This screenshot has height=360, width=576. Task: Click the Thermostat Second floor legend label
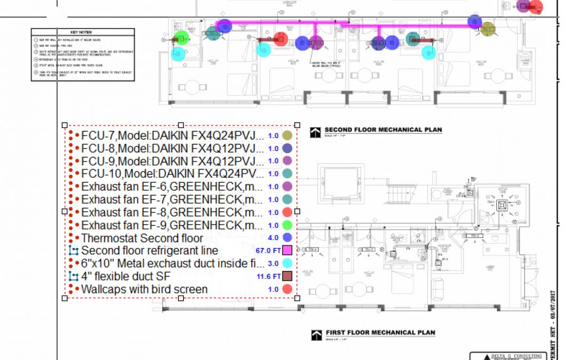coord(142,238)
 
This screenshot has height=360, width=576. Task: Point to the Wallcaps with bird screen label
coord(144,289)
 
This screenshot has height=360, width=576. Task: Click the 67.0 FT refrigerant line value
coord(268,251)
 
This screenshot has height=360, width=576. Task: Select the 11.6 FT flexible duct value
coord(268,276)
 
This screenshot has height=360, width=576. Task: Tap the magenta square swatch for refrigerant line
coord(287,251)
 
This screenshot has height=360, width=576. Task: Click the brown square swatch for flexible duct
coord(287,276)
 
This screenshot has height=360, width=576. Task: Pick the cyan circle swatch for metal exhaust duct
coord(287,263)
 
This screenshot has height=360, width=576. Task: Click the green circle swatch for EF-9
coord(287,225)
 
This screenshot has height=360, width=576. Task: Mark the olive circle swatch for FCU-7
coord(287,135)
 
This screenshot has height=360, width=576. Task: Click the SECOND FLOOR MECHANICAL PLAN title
coord(383,130)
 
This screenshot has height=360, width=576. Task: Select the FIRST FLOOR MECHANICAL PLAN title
coord(380,333)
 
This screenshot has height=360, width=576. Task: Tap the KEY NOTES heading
coord(82,33)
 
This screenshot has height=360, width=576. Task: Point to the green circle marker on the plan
coord(182,38)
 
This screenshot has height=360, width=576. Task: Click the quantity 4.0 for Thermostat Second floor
coord(274,238)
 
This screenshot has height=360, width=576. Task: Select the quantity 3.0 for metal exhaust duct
coord(274,263)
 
